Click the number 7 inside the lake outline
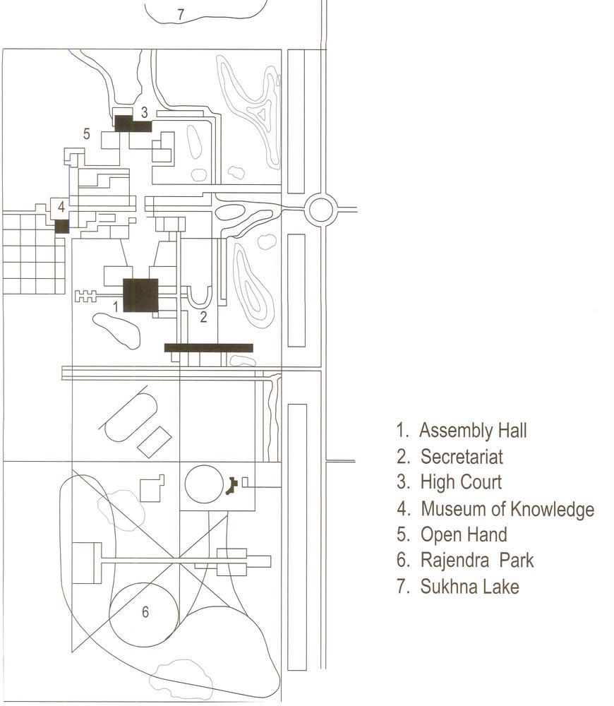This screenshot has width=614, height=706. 181,14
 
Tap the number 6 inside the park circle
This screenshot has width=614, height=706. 145,612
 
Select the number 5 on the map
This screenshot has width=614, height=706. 86,133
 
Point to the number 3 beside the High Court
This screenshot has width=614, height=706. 144,112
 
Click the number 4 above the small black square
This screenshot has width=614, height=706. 61,207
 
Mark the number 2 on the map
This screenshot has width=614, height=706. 203,317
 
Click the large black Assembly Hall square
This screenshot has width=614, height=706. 141,295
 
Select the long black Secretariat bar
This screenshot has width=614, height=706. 208,347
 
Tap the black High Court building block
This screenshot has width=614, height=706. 133,124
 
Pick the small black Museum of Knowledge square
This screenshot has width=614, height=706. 62,226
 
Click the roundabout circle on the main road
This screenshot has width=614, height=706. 320,210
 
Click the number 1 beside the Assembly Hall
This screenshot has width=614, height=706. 116,306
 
